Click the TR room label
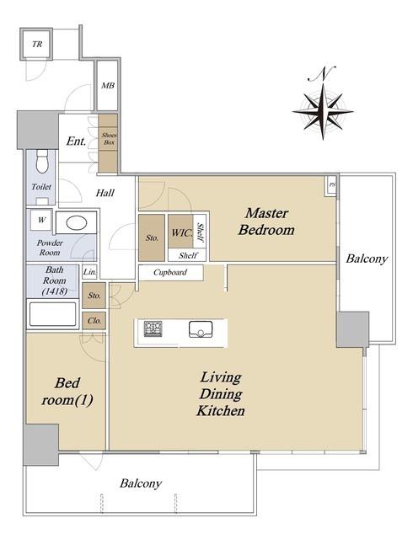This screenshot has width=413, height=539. (x=37, y=44)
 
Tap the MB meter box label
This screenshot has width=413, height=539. (x=108, y=85)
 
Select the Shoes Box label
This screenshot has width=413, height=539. (x=109, y=138)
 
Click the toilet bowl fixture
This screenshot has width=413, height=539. (x=42, y=161)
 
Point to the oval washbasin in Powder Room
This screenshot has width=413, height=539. (x=76, y=223)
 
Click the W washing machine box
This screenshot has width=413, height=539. (x=41, y=220)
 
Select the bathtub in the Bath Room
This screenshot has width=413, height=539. (x=52, y=313)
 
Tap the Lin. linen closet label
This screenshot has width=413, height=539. (x=89, y=272)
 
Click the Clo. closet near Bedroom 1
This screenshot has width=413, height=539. (x=94, y=321)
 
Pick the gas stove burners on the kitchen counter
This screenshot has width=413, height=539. (x=153, y=328)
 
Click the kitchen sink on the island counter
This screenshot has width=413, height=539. (x=201, y=329)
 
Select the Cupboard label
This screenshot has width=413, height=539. (x=170, y=272)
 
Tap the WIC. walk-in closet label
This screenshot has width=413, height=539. (x=182, y=232)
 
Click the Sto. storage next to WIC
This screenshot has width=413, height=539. (x=152, y=237)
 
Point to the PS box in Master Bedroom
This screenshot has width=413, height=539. (x=331, y=185)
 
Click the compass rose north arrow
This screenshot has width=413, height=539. (x=323, y=103)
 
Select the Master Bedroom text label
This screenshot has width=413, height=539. (x=266, y=221)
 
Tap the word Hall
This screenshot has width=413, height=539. (x=105, y=193)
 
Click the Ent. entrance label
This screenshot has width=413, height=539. (x=76, y=141)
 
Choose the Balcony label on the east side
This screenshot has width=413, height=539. (x=367, y=259)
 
